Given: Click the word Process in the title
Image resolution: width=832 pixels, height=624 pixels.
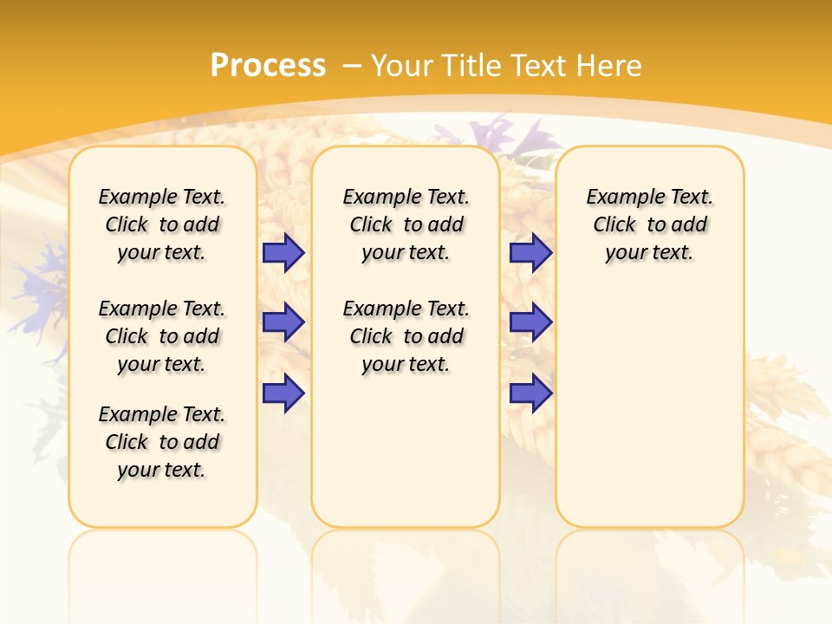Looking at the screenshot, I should (268, 66).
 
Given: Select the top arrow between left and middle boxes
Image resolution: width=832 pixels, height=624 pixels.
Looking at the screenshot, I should (283, 252).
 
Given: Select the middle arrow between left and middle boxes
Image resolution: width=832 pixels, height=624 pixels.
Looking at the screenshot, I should (283, 322).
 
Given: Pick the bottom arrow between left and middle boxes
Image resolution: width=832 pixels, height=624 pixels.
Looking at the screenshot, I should (283, 393).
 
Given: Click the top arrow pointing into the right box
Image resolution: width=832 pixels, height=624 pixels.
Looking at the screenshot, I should (530, 252).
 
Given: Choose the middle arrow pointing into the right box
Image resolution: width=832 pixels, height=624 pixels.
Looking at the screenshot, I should (530, 322).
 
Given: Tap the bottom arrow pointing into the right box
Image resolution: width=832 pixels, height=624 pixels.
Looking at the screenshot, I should (530, 393).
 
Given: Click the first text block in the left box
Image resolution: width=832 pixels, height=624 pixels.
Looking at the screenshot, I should (162, 224).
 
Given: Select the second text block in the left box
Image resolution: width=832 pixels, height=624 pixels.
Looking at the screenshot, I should (162, 336).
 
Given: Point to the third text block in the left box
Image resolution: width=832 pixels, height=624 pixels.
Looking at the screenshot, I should (162, 442).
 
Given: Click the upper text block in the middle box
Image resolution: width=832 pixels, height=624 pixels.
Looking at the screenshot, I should (406, 224).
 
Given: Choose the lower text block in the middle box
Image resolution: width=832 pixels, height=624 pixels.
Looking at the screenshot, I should (406, 336).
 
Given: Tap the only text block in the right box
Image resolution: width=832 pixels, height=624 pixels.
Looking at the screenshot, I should (649, 224).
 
